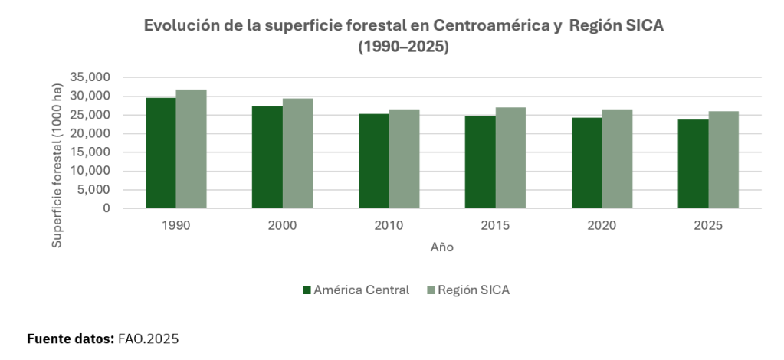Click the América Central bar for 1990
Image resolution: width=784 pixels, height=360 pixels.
[161, 153]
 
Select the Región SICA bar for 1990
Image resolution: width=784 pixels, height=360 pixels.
[192, 149]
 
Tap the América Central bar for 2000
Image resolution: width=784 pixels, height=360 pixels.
[267, 157]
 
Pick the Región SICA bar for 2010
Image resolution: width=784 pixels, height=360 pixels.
[404, 159]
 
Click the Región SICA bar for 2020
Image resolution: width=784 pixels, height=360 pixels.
[617, 159]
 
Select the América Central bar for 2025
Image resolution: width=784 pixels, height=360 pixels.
[693, 164]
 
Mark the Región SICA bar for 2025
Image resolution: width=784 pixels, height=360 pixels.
[723, 159]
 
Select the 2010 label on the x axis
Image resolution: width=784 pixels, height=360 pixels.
[389, 227]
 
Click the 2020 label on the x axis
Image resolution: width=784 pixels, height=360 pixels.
[602, 227]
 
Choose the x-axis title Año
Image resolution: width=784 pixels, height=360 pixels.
[441, 248]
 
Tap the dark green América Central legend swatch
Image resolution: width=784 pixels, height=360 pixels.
[307, 290]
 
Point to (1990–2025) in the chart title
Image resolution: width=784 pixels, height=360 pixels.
[403, 47]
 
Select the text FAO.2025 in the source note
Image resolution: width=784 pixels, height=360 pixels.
[149, 339]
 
